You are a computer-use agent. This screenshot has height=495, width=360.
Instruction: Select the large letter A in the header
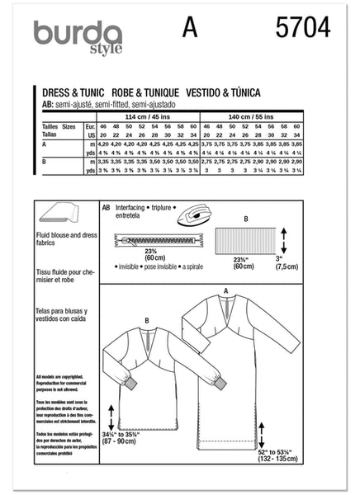click(x=192, y=29)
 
